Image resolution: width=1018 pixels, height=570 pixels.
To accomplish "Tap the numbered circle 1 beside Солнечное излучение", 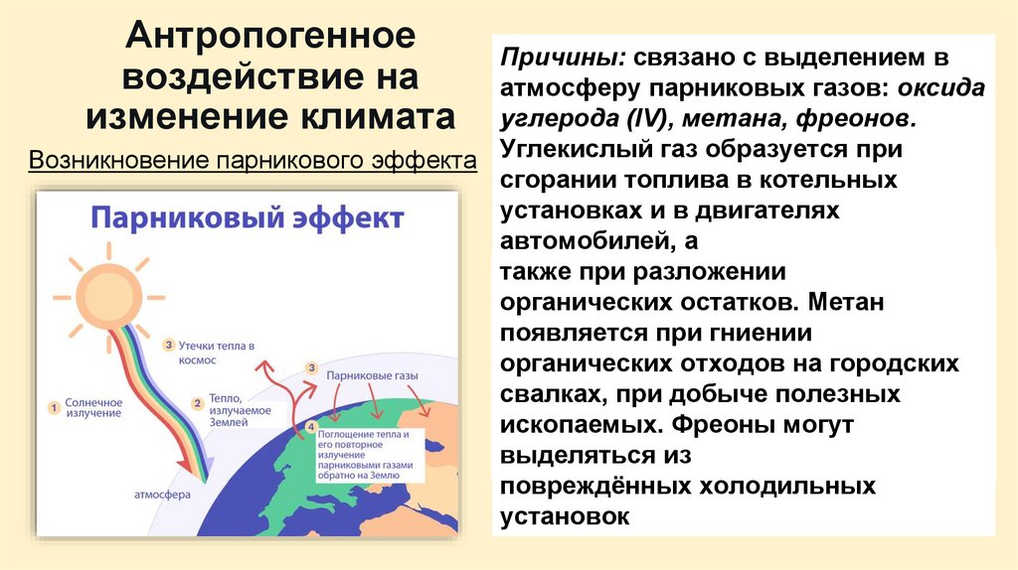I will [x=55, y=406].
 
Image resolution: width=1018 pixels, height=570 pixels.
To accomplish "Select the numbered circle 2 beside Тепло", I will [x=198, y=404].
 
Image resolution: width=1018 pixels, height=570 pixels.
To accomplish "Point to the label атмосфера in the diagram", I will [x=164, y=494].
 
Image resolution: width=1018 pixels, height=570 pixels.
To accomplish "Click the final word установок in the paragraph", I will [x=566, y=516].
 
